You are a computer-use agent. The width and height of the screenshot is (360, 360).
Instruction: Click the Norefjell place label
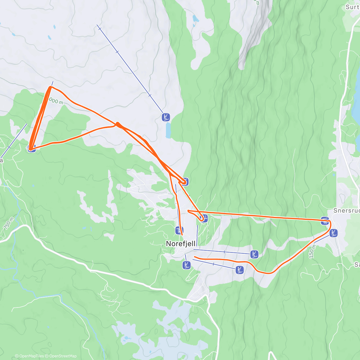[181, 243]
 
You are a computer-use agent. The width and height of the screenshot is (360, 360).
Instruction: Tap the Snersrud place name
[346, 211]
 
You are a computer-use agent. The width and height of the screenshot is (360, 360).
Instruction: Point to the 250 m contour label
[312, 251]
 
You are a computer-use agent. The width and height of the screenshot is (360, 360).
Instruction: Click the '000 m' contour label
[56, 101]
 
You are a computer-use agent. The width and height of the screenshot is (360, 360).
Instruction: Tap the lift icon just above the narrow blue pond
[166, 117]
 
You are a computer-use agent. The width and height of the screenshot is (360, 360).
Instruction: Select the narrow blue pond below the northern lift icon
[168, 130]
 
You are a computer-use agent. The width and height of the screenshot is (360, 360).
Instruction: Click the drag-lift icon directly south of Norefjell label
[187, 265]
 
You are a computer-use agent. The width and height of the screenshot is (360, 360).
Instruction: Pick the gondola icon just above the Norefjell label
[179, 230]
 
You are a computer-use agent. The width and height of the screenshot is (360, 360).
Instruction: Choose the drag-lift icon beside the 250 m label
[333, 233]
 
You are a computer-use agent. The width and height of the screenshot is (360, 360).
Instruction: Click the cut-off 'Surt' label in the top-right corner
[352, 7]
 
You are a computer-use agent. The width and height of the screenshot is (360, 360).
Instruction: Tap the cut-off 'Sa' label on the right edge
[357, 264]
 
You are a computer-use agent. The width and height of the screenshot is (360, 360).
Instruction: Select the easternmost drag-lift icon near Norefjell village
[254, 254]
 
